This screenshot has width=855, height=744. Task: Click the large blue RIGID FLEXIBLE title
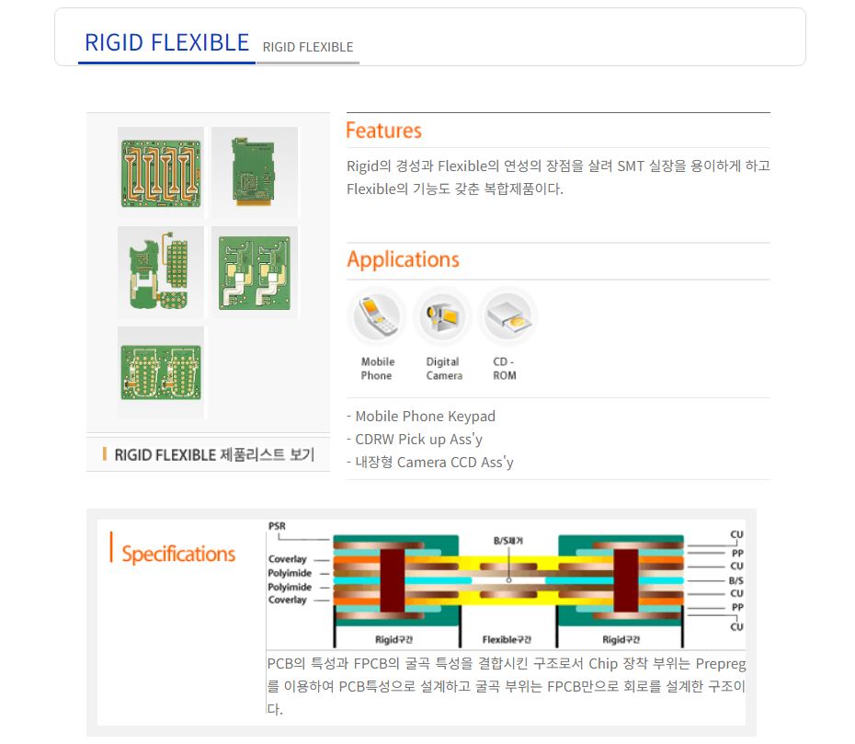(x=166, y=42)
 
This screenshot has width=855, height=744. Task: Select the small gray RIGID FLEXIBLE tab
(x=308, y=48)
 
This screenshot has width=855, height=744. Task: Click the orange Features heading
(x=384, y=131)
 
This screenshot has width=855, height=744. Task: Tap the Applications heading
(x=403, y=259)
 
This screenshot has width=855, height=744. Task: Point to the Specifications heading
(x=179, y=554)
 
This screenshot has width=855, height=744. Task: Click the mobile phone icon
(x=377, y=316)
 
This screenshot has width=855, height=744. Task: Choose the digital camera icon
(x=442, y=316)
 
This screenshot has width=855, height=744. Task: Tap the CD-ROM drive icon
(x=507, y=316)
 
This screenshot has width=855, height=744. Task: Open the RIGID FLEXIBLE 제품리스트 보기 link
(x=214, y=454)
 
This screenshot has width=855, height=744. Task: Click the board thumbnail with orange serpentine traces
(x=161, y=173)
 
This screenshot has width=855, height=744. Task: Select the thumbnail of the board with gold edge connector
(x=255, y=173)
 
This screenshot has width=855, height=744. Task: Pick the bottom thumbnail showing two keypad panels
(x=161, y=372)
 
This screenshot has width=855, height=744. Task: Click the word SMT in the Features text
(x=631, y=166)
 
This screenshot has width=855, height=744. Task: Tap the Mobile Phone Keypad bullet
(x=421, y=417)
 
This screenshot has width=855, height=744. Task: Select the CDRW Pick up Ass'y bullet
(x=415, y=439)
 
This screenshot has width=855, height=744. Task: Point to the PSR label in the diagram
(x=277, y=526)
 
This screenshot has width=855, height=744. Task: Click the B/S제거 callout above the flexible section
(x=508, y=541)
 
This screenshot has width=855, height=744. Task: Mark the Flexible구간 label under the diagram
(x=507, y=639)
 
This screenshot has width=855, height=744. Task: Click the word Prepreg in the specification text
(x=721, y=664)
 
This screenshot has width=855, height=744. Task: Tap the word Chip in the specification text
(x=603, y=663)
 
